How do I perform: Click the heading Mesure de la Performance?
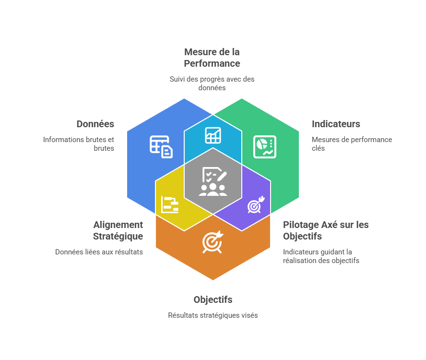(212, 58)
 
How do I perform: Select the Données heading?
(95, 124)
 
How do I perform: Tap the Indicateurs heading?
(336, 124)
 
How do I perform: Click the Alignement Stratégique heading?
(118, 230)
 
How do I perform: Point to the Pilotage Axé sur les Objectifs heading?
(326, 230)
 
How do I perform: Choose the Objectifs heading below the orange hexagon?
(213, 300)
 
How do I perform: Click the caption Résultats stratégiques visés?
(213, 315)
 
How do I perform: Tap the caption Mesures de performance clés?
(352, 144)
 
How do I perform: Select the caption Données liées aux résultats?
(99, 252)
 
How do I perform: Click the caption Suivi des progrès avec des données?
(212, 83)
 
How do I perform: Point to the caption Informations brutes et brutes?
(79, 144)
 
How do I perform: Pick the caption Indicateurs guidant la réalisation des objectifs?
(321, 256)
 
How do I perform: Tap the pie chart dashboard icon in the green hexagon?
(265, 146)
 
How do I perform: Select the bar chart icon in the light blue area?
(213, 135)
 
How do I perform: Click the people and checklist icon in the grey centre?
(213, 181)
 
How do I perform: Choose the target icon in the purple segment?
(255, 204)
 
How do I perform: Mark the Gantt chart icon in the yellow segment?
(170, 204)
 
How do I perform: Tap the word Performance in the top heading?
(212, 63)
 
